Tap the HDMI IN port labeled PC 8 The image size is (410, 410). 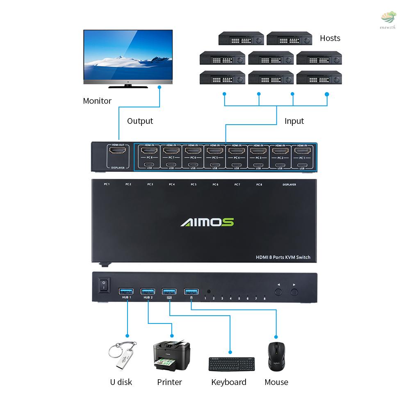147,151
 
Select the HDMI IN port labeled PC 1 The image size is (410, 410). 302,151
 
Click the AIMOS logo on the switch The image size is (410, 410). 207,222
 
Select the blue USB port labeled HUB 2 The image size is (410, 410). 148,292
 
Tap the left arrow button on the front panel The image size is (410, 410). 279,292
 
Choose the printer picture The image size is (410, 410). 171,355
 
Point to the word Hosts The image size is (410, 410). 330,38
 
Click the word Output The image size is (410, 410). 140,121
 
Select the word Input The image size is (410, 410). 294,121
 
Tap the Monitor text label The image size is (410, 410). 97,101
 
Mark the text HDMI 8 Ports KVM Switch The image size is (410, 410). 283,257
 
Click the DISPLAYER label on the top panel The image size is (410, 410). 289,184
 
